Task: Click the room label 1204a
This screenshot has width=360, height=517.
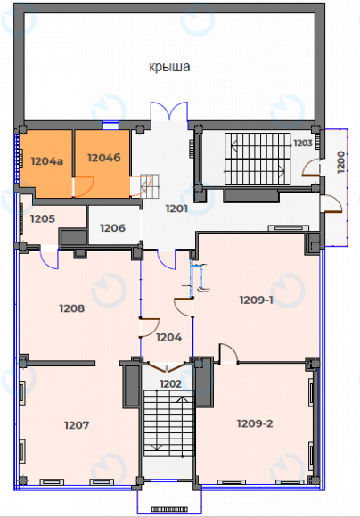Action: (46, 162)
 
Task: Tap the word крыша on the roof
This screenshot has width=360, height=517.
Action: (170, 67)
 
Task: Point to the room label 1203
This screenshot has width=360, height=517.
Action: (303, 142)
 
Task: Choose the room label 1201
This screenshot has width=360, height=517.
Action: (176, 209)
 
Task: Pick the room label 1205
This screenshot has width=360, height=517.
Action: (43, 218)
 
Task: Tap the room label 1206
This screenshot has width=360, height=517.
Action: (112, 228)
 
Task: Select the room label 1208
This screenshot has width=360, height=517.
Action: (71, 308)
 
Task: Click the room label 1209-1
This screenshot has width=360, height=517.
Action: (257, 300)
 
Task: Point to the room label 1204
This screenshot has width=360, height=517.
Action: (168, 337)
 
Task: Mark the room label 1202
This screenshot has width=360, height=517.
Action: (171, 383)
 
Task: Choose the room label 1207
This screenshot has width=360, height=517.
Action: (78, 424)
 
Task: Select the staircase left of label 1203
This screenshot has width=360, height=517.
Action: (256, 158)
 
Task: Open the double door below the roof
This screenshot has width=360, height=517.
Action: (168, 116)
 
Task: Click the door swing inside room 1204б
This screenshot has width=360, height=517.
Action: (85, 185)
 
